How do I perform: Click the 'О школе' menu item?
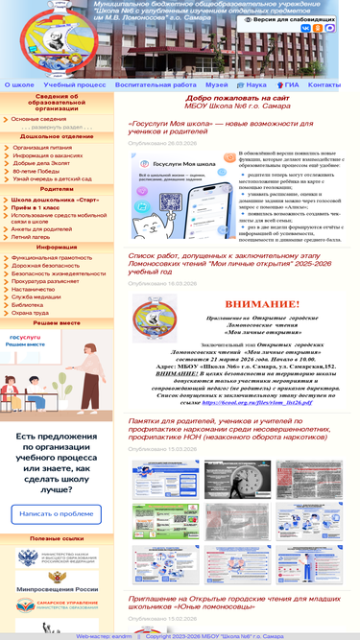pos(19,84)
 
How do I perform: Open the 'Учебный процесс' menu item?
pos(75,84)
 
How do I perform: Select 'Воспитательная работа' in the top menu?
pos(156,84)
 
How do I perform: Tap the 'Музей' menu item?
pos(217,84)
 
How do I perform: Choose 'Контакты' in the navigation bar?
pos(324,84)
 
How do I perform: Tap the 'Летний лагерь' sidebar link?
pos(36,236)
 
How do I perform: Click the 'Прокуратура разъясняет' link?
pos(48,281)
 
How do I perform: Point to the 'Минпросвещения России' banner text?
pos(57,588)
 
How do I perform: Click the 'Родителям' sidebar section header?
pos(57,189)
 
